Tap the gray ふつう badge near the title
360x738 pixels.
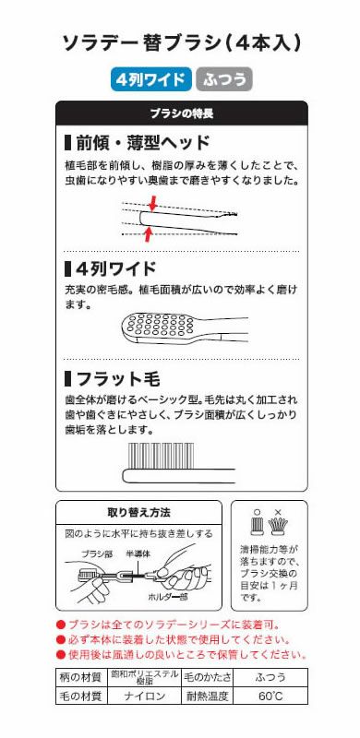[x=223, y=79]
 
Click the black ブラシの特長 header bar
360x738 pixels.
[x=181, y=113]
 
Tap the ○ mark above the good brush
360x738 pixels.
[x=258, y=510]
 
